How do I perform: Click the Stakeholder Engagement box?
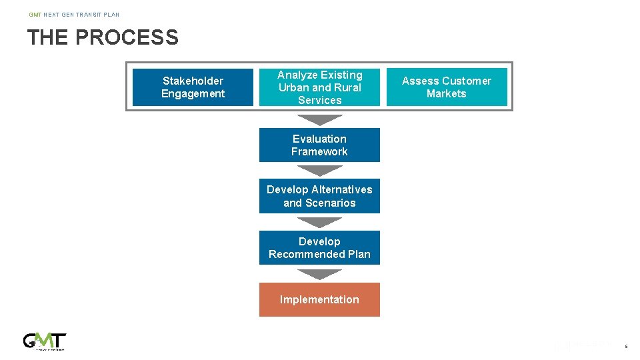click(193, 87)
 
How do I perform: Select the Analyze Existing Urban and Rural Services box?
click(319, 87)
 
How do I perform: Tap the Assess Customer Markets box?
click(446, 87)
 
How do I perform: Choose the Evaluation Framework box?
click(319, 145)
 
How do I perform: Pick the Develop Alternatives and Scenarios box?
click(319, 196)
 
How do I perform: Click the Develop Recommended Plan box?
click(319, 248)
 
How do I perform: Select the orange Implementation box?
click(319, 299)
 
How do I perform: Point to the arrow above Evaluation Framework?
click(319, 120)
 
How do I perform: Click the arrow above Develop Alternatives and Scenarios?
click(319, 171)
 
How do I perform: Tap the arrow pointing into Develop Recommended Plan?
click(319, 222)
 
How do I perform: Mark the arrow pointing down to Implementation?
click(319, 274)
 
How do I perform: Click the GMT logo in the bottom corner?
click(45, 341)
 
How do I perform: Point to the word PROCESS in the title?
click(127, 37)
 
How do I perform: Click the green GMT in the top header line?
click(35, 14)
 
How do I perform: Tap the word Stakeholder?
click(193, 81)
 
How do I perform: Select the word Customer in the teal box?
click(465, 81)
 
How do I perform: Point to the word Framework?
click(319, 151)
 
